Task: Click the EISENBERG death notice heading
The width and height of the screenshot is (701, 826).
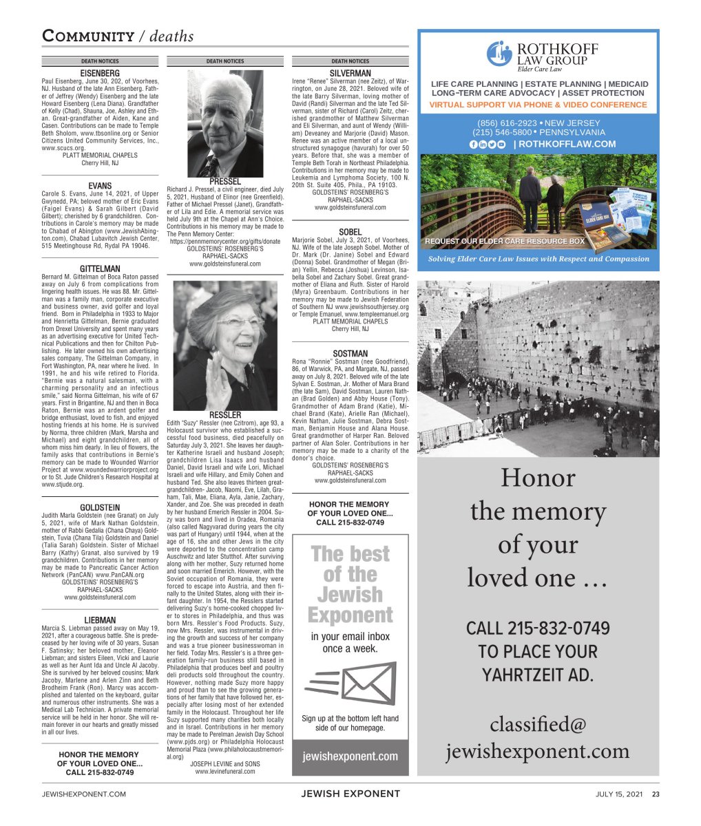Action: (x=100, y=73)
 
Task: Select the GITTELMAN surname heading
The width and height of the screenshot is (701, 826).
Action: (x=100, y=269)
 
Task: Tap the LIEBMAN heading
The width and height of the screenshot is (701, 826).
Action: (x=100, y=620)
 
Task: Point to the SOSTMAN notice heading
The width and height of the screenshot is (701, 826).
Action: (x=350, y=354)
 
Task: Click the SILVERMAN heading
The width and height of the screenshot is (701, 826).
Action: (x=350, y=73)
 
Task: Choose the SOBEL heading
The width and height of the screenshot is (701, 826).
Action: (x=350, y=232)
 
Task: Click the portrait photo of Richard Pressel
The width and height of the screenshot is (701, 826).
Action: (x=225, y=123)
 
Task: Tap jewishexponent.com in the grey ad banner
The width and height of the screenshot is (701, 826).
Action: (x=350, y=756)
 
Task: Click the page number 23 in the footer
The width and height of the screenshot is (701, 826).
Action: (x=656, y=794)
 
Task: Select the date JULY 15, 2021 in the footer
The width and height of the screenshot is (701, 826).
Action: (x=619, y=794)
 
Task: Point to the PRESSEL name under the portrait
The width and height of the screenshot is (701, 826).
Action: (x=225, y=181)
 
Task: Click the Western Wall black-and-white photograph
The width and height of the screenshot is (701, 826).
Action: (x=538, y=368)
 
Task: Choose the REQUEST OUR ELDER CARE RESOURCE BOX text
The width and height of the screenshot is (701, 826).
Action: (x=504, y=242)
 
